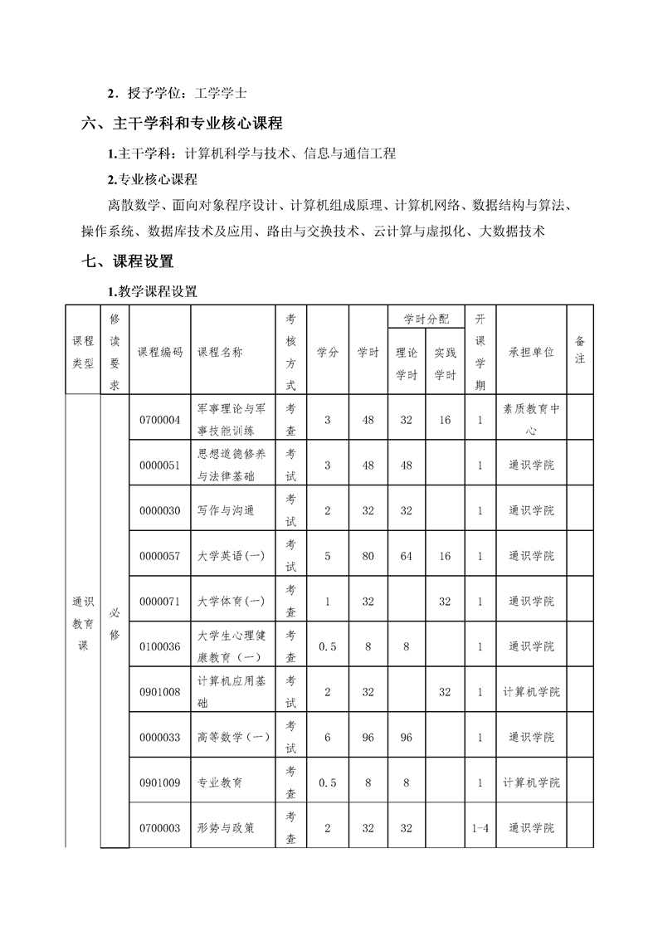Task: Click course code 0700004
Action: coord(160,420)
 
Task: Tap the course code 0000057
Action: coord(160,556)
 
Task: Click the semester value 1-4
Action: coord(480,828)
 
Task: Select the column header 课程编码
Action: coord(160,352)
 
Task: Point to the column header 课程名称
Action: coord(220,352)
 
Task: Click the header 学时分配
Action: coord(426,318)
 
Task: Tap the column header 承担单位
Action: coord(531,352)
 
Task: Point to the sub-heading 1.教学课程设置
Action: coord(153,291)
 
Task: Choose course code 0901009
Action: coord(160,782)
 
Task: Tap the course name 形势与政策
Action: coord(226,828)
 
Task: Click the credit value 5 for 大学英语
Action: coord(327,556)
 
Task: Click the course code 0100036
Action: coord(160,646)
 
